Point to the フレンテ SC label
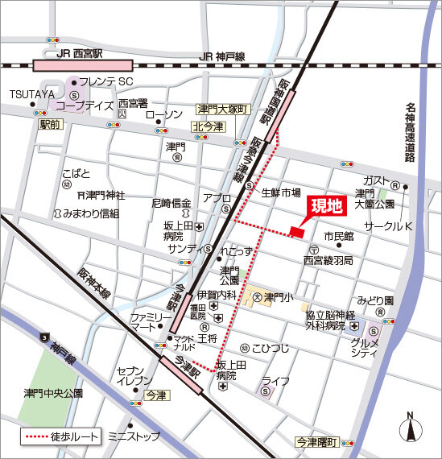tap(105, 82)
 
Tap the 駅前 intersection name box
tap(49, 125)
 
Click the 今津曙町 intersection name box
tap(316, 442)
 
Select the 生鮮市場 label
tap(281, 193)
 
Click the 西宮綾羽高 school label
tap(328, 261)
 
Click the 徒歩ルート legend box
tap(56, 437)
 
